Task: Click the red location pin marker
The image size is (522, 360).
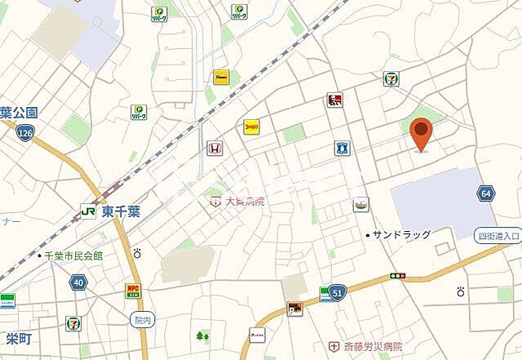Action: (421, 132)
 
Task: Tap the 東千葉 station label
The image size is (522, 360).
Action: (121, 211)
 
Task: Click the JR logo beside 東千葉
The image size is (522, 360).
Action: (87, 211)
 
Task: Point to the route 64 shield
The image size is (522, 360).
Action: (486, 193)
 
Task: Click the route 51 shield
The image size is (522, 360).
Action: (337, 291)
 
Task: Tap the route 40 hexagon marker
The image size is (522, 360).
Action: (78, 282)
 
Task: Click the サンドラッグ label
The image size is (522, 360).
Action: (401, 234)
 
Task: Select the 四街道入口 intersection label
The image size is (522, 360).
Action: (498, 236)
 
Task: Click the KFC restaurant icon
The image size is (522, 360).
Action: (333, 100)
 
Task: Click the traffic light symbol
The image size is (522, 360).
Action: (398, 277)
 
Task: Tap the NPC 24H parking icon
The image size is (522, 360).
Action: (132, 290)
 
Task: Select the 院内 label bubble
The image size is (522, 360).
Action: (141, 319)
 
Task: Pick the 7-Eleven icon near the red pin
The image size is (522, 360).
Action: (391, 79)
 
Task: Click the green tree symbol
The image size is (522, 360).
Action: (201, 335)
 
